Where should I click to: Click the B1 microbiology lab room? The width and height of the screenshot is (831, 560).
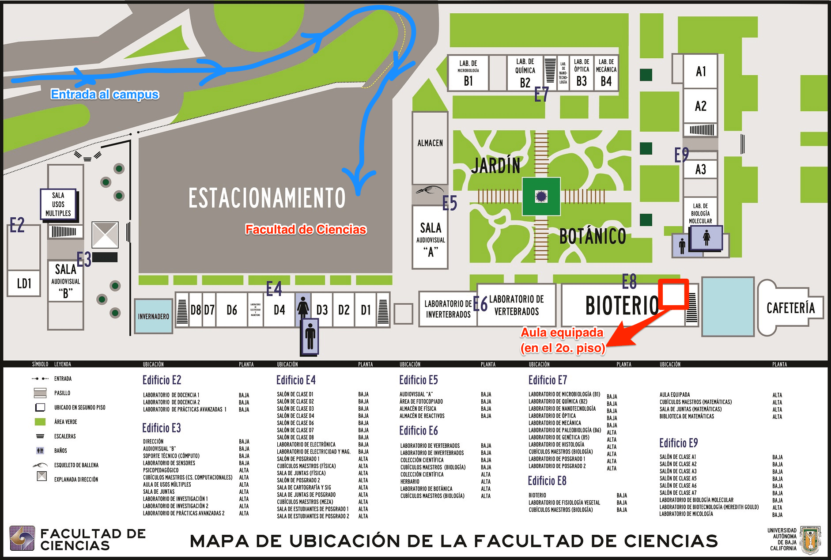(468, 73)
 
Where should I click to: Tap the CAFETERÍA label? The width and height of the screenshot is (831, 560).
(790, 308)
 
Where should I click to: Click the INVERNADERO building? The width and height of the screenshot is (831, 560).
(153, 316)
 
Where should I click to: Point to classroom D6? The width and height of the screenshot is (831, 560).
(232, 310)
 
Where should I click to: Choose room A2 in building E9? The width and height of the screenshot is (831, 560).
(700, 106)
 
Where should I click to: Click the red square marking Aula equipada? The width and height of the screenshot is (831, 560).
(673, 293)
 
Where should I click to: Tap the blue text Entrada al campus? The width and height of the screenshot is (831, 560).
(105, 95)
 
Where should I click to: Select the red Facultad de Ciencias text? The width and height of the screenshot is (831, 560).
(306, 230)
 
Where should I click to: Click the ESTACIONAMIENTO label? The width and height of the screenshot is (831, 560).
(267, 198)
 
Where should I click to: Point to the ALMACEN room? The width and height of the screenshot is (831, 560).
(430, 143)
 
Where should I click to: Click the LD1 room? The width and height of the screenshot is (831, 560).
(24, 283)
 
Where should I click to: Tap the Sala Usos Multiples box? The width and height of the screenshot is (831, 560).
(58, 204)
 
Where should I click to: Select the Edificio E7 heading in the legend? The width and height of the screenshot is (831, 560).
(548, 380)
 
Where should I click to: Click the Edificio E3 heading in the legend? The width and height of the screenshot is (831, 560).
(162, 428)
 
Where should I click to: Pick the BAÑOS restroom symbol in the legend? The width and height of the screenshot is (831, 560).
(40, 450)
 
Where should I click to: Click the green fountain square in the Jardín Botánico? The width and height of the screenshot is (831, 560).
(541, 196)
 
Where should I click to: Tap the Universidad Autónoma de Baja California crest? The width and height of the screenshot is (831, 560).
(811, 539)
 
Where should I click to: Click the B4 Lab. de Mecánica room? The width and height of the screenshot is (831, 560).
(606, 73)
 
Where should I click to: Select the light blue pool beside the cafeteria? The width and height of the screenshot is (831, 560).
(728, 306)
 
